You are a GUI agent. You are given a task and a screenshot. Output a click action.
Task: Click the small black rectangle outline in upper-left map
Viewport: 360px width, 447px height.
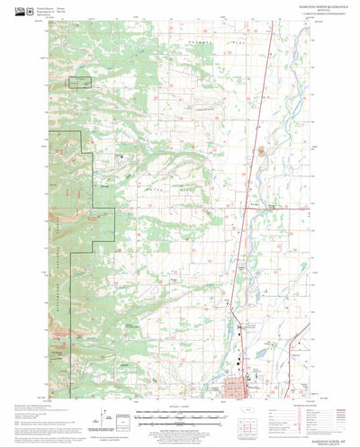(x=80, y=83)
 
